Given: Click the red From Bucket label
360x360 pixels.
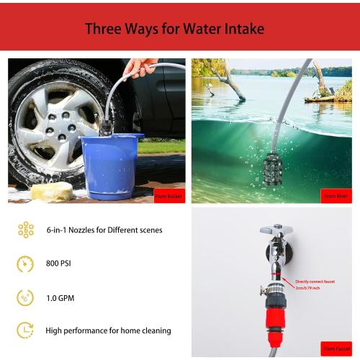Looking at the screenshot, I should [169, 196].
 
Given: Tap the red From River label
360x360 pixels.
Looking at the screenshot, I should [336, 196].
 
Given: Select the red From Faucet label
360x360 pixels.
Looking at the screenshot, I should [336, 349].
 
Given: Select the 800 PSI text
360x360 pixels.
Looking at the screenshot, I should [58, 264].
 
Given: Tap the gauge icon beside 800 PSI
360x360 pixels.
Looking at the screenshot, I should [25, 264].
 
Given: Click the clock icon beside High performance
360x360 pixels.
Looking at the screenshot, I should [25, 330].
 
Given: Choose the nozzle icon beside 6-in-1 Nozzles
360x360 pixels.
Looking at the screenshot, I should [25, 230].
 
